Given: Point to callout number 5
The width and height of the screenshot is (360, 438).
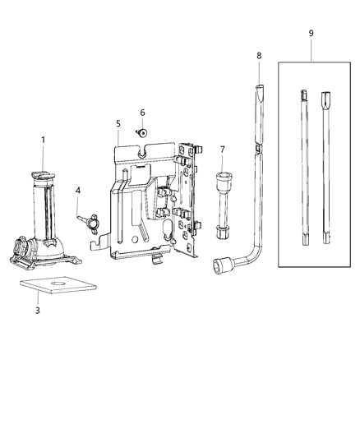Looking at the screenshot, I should click(x=118, y=123).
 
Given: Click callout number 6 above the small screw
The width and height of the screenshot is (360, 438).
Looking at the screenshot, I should click(x=142, y=113).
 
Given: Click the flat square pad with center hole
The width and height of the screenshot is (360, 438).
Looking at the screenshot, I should click(x=53, y=287).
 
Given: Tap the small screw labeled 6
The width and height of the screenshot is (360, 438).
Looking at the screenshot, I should click(x=142, y=131).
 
